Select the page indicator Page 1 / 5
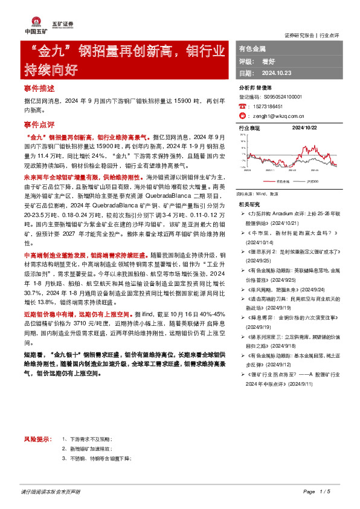[317, 491]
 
